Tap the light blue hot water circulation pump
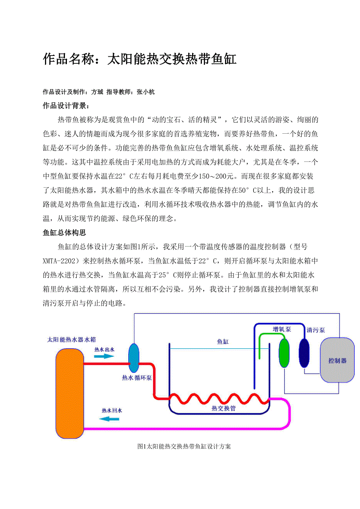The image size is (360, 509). [x=134, y=358]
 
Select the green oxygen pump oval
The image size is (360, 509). [x=284, y=353]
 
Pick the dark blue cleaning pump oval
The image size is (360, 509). [x=304, y=352]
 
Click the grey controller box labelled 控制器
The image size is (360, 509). [x=337, y=360]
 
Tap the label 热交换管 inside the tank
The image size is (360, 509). [x=223, y=408]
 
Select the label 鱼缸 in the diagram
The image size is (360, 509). [x=223, y=342]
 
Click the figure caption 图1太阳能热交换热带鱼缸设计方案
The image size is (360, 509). [x=184, y=446]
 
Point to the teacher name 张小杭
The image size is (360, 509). [x=146, y=92]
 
